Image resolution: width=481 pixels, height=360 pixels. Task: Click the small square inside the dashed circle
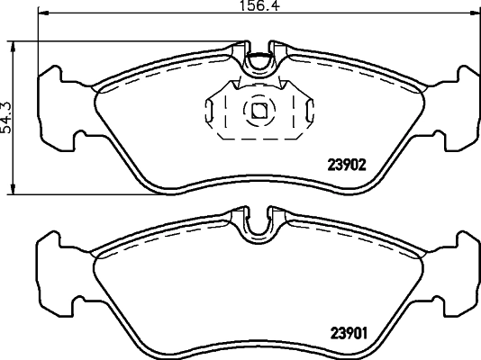coord(259,112)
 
